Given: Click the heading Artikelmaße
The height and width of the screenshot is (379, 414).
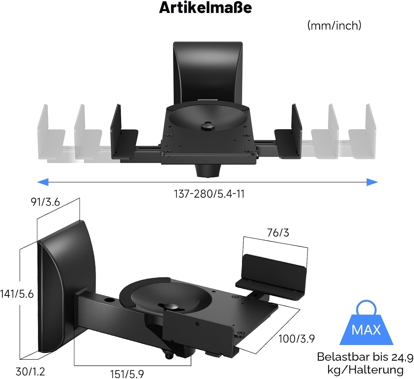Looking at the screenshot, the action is tap(205, 8).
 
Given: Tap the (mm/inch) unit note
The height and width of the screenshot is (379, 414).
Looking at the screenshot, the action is tap(334, 26).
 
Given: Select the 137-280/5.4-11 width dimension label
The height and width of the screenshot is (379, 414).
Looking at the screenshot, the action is tap(209, 194).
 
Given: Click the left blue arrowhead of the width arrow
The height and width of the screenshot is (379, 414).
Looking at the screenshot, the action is tap(43, 182).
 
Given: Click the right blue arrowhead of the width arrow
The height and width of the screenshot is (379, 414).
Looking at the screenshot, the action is tap(372, 182).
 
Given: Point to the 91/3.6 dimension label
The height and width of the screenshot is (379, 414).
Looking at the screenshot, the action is tap(45, 202).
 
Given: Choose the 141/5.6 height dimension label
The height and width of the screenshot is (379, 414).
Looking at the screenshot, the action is tap(17, 294).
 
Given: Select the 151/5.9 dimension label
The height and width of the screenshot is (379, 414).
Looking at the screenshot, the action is tap(127, 374).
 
